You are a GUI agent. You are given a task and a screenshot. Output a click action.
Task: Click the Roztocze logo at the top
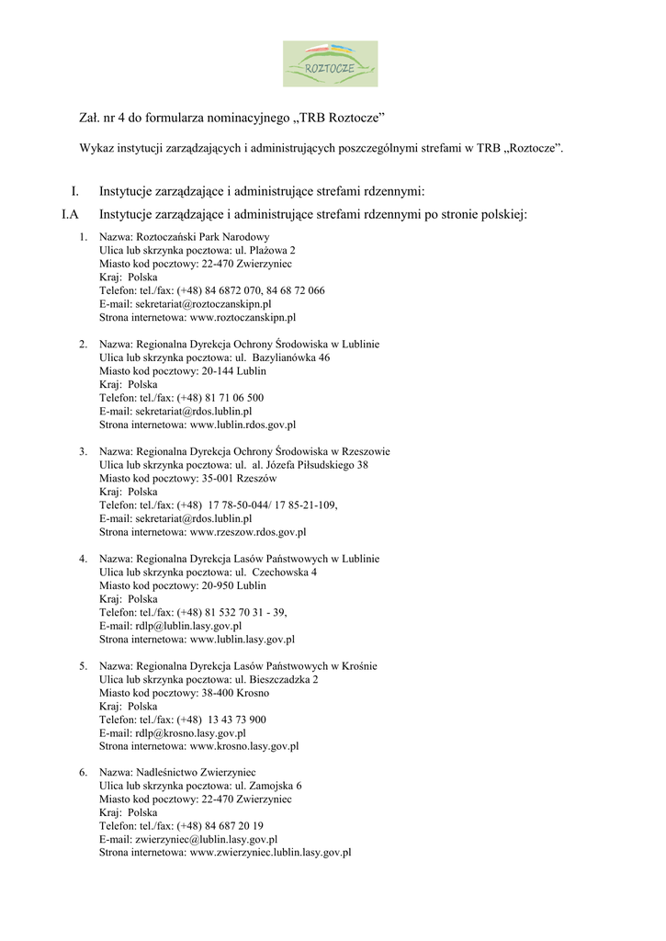pos(329,63)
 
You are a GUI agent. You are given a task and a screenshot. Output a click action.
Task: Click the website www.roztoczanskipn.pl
pos(243,318)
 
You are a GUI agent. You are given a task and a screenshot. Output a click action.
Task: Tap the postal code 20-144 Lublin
pos(234,371)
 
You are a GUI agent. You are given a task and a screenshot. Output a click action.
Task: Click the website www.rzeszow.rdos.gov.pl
pos(248,532)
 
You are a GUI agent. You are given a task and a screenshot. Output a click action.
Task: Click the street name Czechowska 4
pos(285,572)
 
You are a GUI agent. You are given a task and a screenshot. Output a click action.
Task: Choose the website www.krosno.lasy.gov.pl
pos(244,746)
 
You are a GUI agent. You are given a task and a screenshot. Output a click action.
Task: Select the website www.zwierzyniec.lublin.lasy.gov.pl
pos(271,854)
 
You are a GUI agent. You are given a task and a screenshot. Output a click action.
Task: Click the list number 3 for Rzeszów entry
pos(83,451)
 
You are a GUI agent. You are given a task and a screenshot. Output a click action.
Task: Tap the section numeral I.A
pos(69,215)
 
